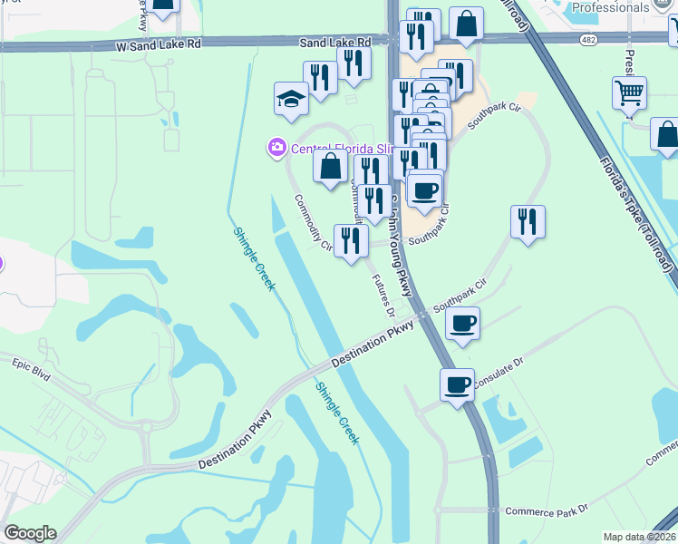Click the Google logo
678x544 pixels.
click(30, 533)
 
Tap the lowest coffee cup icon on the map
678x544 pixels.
click(457, 384)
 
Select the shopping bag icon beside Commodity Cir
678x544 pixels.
click(331, 166)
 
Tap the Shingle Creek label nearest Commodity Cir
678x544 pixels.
click(253, 257)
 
